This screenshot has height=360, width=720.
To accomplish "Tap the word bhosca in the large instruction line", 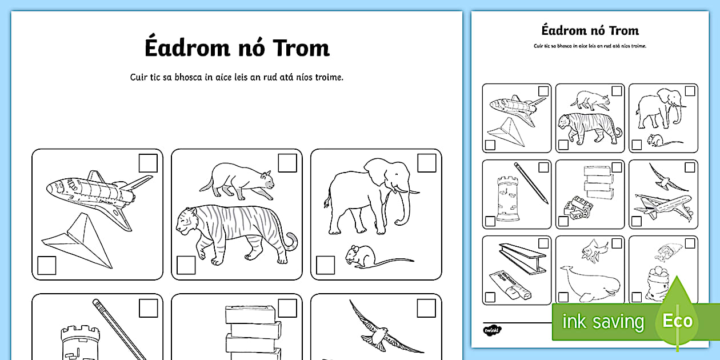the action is point(188,77).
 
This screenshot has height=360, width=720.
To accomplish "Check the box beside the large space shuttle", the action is point(148,163).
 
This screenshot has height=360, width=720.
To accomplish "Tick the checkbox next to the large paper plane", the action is point(47,265).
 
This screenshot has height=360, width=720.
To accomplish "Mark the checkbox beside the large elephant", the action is point(426,163).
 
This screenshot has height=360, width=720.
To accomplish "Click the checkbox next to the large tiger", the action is point(186,265).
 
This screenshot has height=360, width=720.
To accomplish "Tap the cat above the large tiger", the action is point(237,181).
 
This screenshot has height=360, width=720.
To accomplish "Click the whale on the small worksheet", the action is point(590,283).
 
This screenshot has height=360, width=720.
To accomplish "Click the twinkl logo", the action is point(492,330).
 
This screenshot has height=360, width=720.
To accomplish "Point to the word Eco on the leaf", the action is point(677,321).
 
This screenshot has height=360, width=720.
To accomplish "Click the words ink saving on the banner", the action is point(603,321).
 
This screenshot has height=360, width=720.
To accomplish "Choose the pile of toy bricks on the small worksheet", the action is point(578,208).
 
